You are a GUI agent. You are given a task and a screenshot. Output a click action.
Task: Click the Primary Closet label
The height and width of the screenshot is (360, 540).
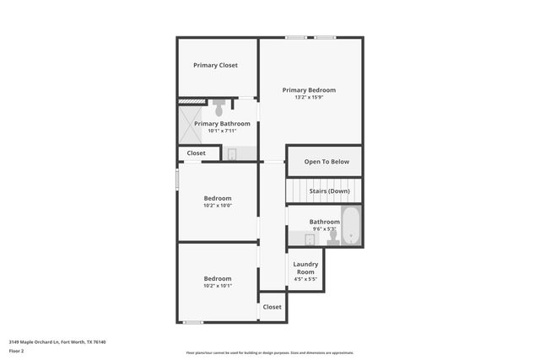pos(215,65)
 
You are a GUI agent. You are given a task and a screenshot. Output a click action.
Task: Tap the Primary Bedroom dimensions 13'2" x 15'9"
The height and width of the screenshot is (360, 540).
pos(309,97)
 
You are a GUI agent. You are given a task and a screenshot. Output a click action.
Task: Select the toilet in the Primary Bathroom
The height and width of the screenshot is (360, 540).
pos(219,109)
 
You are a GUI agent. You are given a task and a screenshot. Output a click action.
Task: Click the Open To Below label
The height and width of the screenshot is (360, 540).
pos(325,161)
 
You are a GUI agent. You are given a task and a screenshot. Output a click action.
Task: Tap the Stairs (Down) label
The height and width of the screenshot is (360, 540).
pos(330,191)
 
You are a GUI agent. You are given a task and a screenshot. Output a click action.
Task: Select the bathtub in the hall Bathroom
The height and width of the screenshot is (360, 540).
pos(350,227)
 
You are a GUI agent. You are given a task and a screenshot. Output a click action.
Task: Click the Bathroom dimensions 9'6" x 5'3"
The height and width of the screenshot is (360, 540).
pos(324,228)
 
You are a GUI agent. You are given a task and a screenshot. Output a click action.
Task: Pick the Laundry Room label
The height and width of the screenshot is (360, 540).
pos(305,268)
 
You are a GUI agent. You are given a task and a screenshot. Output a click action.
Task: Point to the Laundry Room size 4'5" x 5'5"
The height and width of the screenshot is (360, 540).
pos(305,279)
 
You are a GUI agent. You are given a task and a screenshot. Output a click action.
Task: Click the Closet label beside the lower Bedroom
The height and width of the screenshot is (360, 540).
pos(272,307)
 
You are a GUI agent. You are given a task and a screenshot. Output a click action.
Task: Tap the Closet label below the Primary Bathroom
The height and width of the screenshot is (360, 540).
pos(196,153)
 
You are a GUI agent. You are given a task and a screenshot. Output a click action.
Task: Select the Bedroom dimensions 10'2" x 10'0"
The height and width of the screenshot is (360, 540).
pos(217,205)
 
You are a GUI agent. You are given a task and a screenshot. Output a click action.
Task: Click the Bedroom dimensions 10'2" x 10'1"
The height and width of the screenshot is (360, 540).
pos(217,286)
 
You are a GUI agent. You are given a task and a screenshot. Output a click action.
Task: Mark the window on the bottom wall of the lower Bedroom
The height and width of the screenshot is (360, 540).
pos(193,322)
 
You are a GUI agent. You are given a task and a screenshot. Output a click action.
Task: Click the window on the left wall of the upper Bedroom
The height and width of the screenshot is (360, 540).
pos(177,180)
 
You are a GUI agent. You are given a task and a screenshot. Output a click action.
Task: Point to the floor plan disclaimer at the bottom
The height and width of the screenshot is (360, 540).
pos(270,352)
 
